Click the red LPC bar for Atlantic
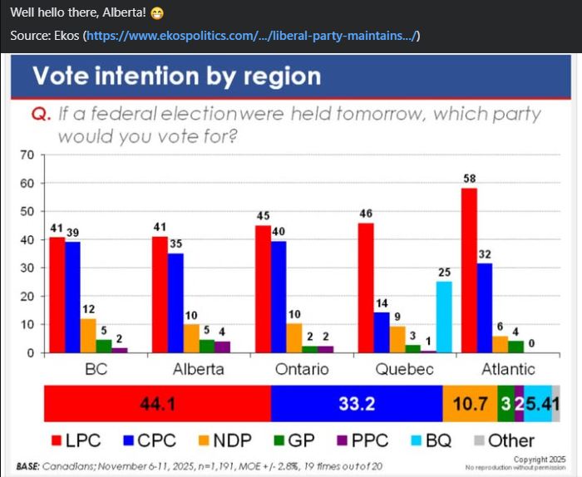click(x=469, y=270)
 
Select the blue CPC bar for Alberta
click(x=175, y=302)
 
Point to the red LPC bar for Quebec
click(x=366, y=288)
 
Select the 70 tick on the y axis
click(x=27, y=155)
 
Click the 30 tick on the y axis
click(x=27, y=268)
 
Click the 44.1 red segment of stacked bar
click(x=157, y=405)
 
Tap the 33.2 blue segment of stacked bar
click(x=357, y=405)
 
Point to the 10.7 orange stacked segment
click(x=469, y=405)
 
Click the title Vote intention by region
click(x=176, y=76)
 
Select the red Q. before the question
click(x=42, y=114)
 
